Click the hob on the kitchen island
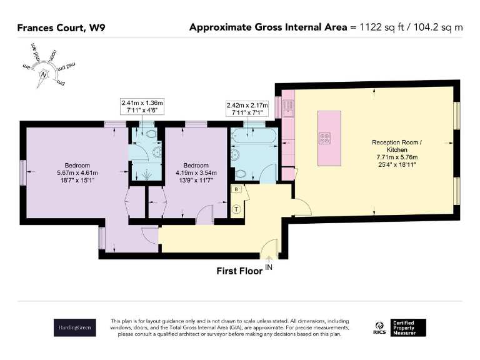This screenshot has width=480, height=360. coord(324,138)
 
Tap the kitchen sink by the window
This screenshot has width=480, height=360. coord(287,109)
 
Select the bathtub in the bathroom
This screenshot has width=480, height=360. coord(254,136)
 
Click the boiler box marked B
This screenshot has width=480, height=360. coord(236,189)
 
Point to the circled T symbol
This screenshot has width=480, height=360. coord(236,209)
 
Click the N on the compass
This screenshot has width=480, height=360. coord(44,75)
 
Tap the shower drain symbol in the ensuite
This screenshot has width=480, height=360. coord(147,175)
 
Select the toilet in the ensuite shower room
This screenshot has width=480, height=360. coord(151,134)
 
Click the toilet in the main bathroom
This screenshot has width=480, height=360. coord(241,174)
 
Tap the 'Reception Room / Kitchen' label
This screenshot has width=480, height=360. coord(397,146)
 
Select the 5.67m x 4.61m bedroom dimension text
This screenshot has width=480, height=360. coord(77,173)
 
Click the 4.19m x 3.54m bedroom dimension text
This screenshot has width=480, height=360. coord(196,173)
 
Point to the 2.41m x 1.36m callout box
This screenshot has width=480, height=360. coord(142,106)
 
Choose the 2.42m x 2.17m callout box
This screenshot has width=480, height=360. coord(247,109)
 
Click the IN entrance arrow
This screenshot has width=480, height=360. coord(269,259)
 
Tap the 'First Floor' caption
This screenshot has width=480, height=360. coord(239,271)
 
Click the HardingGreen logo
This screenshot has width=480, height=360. coord(75,327)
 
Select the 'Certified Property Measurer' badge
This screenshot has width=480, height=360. coord(408,327)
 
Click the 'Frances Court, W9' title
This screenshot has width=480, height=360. coord(61,28)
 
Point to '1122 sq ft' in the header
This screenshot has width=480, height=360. coord(382,27)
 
